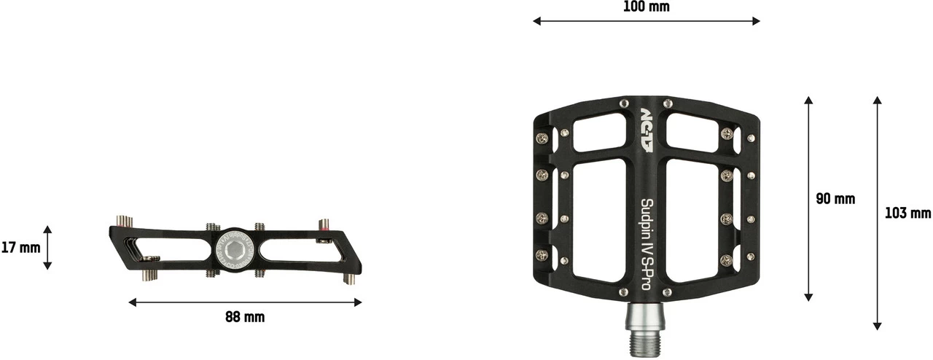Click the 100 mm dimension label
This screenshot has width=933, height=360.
pos(646,7)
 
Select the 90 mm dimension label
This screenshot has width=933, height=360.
pos(835,199)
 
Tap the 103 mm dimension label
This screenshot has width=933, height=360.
pos(907,214)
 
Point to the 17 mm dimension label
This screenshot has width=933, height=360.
pos(20,248)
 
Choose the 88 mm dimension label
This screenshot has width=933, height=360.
pos(245,317)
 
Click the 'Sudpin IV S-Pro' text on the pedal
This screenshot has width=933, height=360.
pos(646,245)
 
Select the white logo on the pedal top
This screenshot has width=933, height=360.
pos(647,131)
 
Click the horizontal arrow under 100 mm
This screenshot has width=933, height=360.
pos(646,21)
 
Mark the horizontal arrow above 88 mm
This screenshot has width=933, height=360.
pos(245,302)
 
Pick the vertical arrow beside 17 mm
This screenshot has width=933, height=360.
pos(47,248)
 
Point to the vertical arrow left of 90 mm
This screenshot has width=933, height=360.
pos(808,199)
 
